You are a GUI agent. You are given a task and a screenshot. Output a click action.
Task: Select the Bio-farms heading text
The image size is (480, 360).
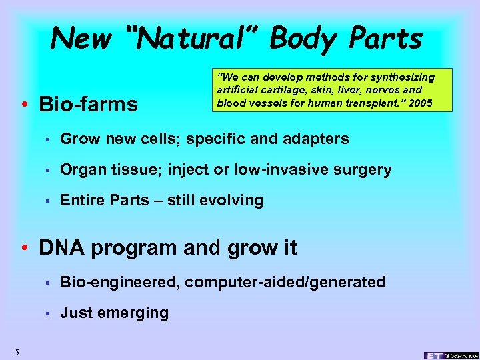tap(89, 105)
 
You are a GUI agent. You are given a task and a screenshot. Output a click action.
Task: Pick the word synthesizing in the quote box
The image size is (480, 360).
tap(398, 78)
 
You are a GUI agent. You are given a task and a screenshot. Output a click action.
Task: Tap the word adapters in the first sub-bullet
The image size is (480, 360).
tap(317, 139)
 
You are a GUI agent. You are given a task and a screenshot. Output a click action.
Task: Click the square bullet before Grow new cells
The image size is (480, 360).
tap(47, 140)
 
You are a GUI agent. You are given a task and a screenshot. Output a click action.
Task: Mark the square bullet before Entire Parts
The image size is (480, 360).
tap(47, 201)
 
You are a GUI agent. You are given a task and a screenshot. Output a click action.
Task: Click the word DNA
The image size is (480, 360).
tap(61, 248)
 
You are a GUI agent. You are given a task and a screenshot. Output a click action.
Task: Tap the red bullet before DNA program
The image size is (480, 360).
tap(24, 249)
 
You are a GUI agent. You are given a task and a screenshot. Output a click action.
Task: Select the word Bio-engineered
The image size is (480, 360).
tap(117, 283)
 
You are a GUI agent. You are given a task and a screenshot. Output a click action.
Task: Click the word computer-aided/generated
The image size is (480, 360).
tap(285, 283)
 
